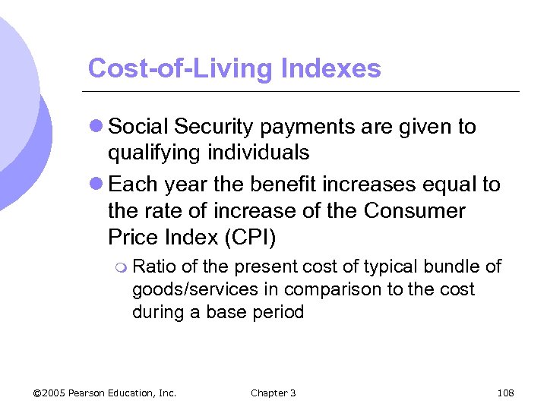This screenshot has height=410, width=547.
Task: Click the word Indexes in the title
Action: [330, 68]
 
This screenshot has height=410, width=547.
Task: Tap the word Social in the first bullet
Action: [139, 127]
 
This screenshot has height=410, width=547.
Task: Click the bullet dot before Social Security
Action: [96, 127]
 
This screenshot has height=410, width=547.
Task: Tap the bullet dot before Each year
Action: [96, 184]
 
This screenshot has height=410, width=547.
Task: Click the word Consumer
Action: [414, 210]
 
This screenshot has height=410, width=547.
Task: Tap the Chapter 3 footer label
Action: [273, 393]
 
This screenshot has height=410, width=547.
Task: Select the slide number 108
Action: [505, 393]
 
